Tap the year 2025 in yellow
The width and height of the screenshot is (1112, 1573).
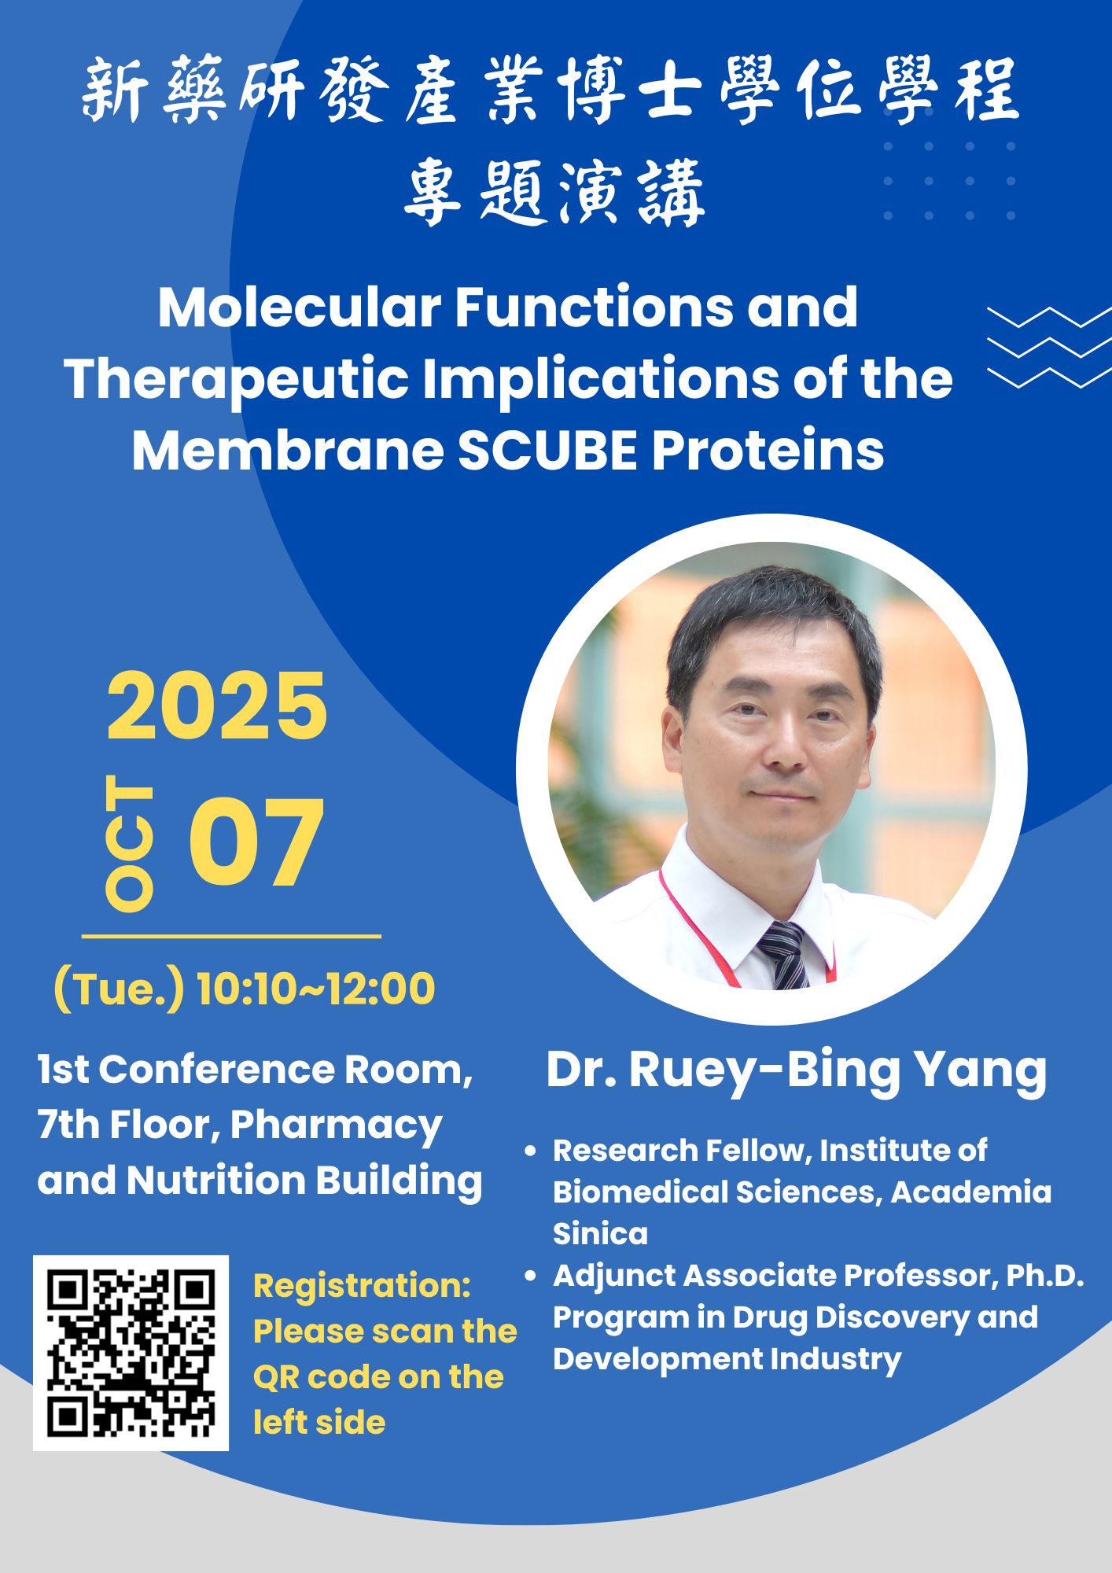point(216,706)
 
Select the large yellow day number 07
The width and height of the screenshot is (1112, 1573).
point(256,842)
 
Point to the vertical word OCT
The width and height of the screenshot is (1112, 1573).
point(129,843)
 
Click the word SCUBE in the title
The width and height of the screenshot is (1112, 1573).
point(547,451)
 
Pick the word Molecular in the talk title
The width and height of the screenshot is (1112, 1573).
point(300,307)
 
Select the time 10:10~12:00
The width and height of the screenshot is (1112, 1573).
point(315,989)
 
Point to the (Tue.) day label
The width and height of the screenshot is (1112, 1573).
point(119,989)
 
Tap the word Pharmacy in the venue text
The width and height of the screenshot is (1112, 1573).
point(336,1126)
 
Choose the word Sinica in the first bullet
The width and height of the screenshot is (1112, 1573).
point(600,1233)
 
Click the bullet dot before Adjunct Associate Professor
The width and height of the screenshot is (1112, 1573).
point(531,1276)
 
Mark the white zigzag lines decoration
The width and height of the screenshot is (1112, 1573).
point(1049,347)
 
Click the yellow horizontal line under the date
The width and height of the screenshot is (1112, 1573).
point(231,936)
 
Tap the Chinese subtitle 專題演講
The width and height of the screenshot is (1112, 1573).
point(554,192)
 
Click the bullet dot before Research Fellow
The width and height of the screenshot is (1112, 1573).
point(531,1151)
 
